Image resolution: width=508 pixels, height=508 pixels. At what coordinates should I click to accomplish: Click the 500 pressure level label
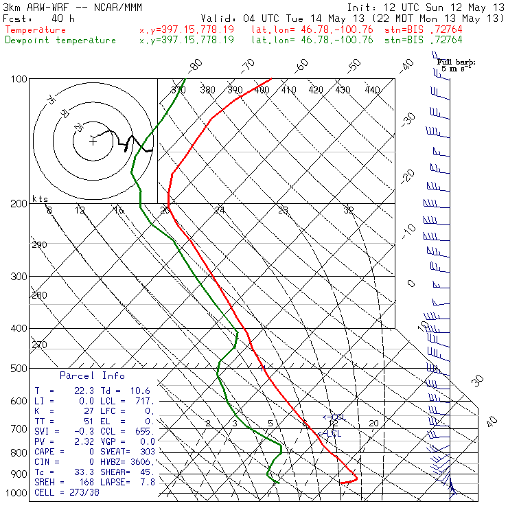click(x=19, y=369)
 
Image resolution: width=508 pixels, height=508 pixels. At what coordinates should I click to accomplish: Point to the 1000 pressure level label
click(x=16, y=494)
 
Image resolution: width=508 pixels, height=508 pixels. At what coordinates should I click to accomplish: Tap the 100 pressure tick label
click(x=19, y=80)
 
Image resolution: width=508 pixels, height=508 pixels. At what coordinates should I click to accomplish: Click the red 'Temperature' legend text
click(x=36, y=30)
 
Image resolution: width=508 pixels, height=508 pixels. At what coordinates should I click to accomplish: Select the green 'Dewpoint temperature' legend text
click(x=60, y=40)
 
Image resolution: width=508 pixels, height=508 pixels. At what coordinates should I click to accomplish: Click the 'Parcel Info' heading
click(x=92, y=376)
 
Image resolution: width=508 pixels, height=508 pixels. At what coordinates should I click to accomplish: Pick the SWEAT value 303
click(x=147, y=451)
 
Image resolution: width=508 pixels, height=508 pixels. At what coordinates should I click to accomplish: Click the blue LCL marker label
click(x=333, y=433)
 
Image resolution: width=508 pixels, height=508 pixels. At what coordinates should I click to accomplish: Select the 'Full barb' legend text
click(x=456, y=62)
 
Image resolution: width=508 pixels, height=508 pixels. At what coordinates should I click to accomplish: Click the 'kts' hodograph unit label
click(x=41, y=198)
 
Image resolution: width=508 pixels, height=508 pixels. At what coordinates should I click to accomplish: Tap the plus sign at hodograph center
click(x=93, y=141)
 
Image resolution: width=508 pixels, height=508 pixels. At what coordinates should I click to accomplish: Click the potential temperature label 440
click(x=372, y=90)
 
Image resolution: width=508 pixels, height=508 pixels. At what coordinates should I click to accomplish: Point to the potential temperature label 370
click(x=178, y=90)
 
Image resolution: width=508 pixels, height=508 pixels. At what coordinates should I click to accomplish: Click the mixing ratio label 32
click(x=348, y=210)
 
